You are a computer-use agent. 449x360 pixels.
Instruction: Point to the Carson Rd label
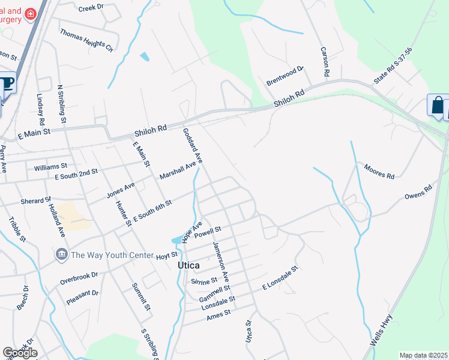tap(324, 62)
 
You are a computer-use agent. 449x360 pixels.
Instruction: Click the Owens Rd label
tap(418, 193)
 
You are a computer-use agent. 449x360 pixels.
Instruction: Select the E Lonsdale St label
tap(280, 279)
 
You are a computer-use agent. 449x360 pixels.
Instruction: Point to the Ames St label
tap(219, 314)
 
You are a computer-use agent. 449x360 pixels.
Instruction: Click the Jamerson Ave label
tap(221, 262)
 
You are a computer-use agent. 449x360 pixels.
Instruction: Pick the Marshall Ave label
tap(178, 170)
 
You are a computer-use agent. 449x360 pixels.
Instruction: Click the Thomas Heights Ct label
tap(86, 39)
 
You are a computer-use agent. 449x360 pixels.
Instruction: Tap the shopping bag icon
tap(438, 106)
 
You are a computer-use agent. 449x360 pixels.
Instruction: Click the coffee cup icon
tap(6, 83)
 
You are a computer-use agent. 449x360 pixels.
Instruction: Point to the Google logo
tap(20, 353)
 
